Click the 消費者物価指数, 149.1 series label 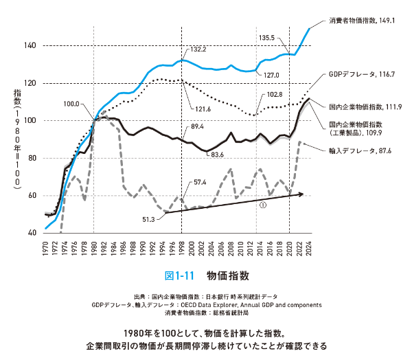pos(362,21)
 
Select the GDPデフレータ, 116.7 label pos(362,74)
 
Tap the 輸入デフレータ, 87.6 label pos(360,150)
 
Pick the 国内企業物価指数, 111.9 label pos(365,106)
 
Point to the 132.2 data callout pos(198,49)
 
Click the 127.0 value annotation pos(271,76)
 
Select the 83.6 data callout pos(217,155)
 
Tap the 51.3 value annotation pos(148,219)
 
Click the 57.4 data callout pos(200,182)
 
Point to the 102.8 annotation pos(275,94)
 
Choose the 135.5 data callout pos(266,38)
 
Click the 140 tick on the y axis pos(30,45)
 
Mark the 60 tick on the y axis pos(32,196)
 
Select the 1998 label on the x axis pos(181,248)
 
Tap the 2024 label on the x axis pos(309,248)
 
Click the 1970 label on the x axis pos(45,248)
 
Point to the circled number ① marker pos(263,205)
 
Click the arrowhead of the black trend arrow pos(301,194)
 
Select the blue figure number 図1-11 pos(179,276)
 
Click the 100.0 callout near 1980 pos(71,104)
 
